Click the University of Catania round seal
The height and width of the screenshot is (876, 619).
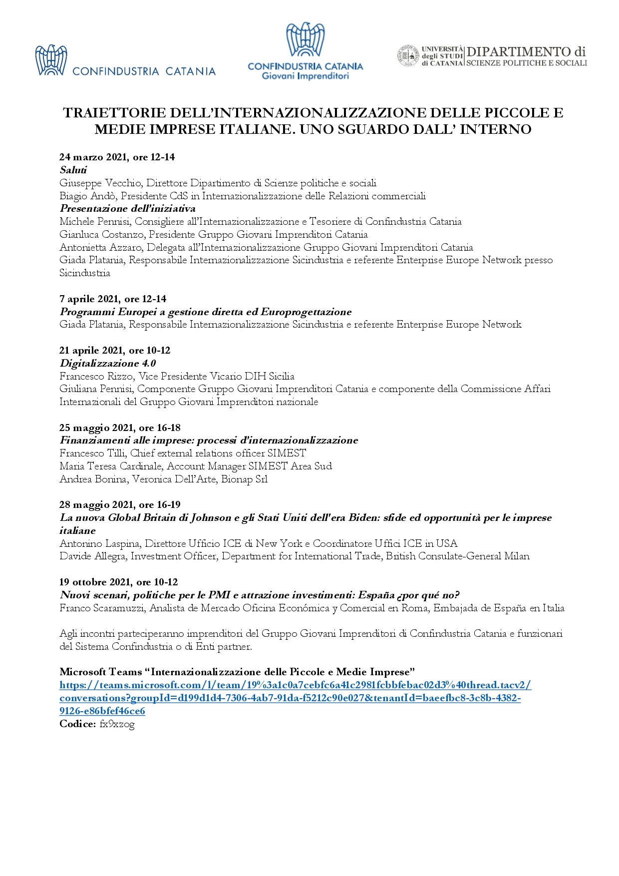point(408,56)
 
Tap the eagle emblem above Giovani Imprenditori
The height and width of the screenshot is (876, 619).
point(305,39)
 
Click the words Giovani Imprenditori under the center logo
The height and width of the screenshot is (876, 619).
point(305,76)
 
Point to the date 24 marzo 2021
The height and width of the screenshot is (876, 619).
point(93,157)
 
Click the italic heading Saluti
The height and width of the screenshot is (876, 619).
point(73,170)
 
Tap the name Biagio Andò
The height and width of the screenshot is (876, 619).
point(87,196)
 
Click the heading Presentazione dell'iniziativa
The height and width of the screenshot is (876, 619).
point(127,209)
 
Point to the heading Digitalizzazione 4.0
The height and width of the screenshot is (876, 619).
point(108,363)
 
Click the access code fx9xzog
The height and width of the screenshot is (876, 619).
point(117,724)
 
